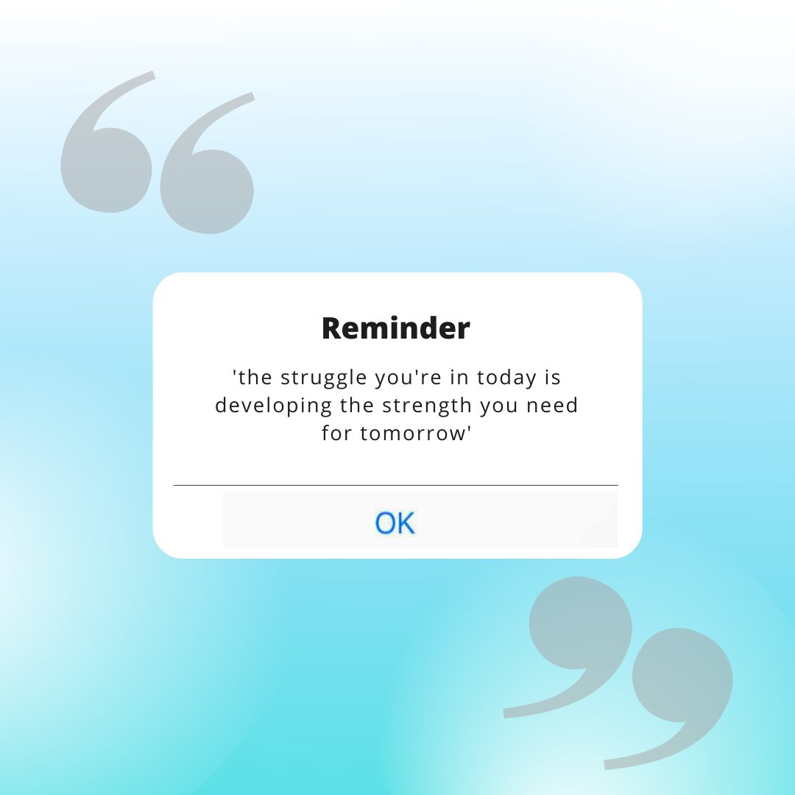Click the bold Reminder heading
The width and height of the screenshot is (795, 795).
tap(396, 328)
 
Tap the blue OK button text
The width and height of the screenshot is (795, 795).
tap(395, 523)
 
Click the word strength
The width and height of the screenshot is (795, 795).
tap(425, 406)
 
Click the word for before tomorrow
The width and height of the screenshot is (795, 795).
tap(337, 433)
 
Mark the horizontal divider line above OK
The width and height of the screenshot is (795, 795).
tap(395, 486)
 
